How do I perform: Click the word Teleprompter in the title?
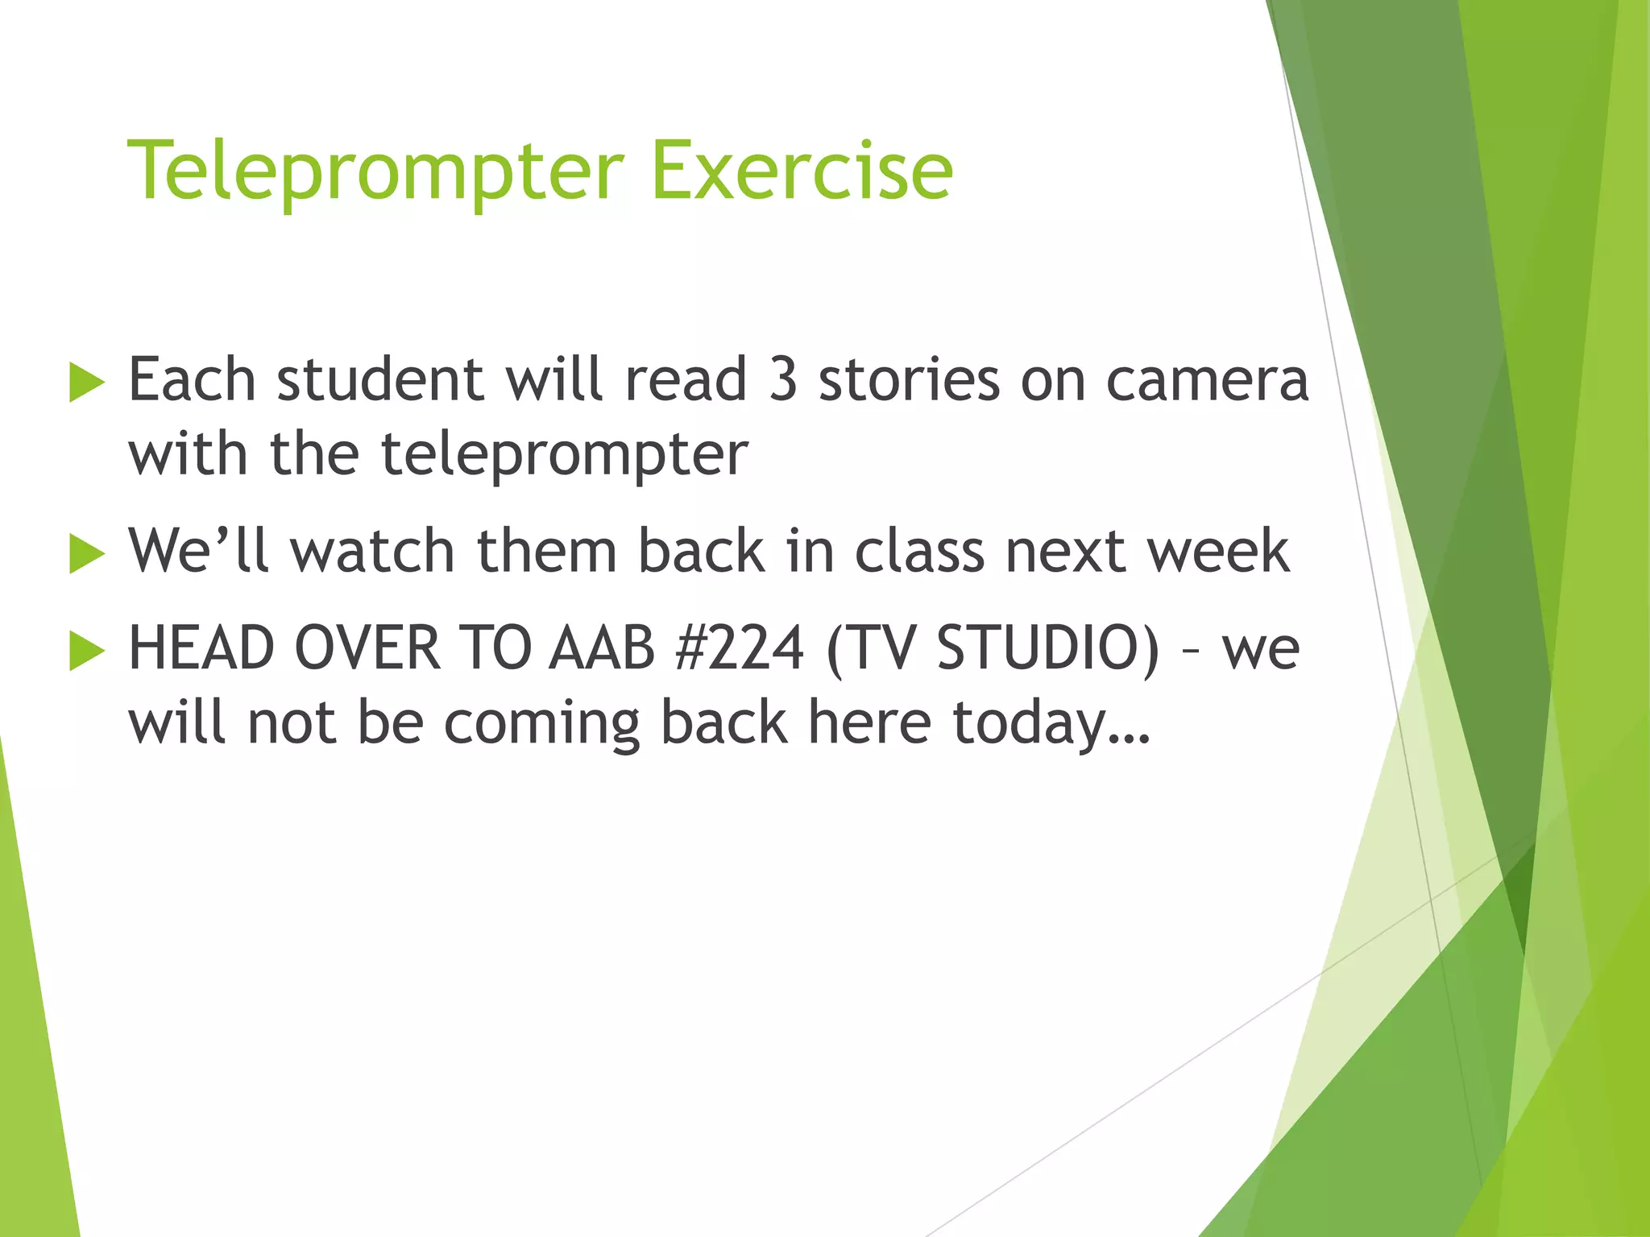tap(375, 172)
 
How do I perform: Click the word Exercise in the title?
tap(802, 170)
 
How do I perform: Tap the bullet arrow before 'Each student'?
tap(87, 382)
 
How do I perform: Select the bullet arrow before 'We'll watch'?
tap(87, 554)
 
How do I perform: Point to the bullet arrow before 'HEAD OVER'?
tap(87, 651)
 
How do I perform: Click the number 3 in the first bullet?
tap(783, 380)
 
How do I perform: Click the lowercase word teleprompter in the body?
tap(564, 456)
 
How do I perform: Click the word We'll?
tap(198, 552)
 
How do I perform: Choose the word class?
tap(919, 552)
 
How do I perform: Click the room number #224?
tap(740, 648)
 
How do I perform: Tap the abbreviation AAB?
tap(602, 648)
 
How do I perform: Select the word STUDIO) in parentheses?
tap(1048, 648)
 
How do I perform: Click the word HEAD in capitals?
tap(201, 648)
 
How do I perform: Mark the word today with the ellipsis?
tap(1051, 723)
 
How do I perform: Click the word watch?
tap(372, 552)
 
